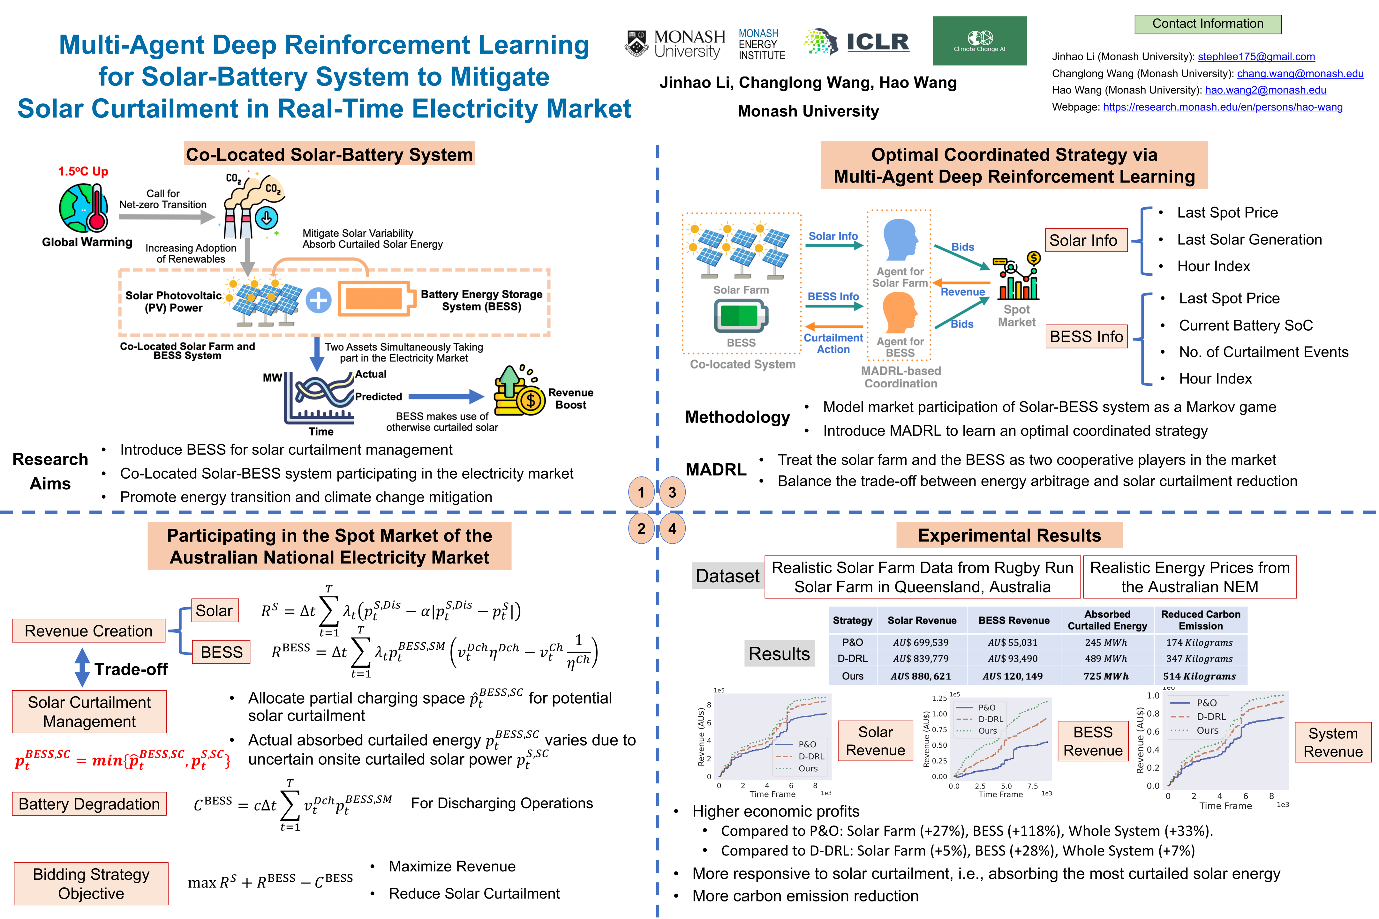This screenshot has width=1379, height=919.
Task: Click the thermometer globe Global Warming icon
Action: click(x=84, y=208)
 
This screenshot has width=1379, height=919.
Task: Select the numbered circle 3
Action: click(x=672, y=492)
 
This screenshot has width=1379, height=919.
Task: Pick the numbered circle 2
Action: click(x=641, y=529)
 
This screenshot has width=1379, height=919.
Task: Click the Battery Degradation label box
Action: click(x=89, y=803)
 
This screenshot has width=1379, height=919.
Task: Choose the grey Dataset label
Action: click(x=727, y=576)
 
